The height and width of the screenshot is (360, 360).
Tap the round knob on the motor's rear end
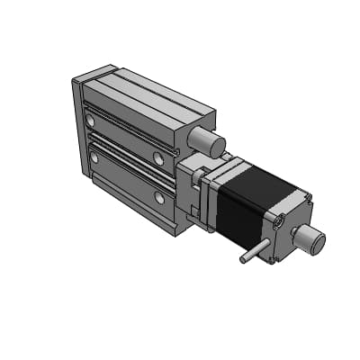[x=311, y=240]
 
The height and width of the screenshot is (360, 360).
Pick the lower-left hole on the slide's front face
[x=94, y=158]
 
